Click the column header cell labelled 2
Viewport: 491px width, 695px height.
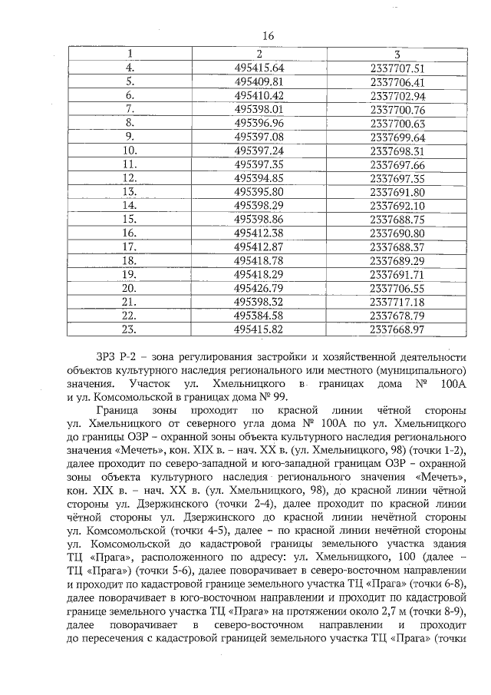tap(259, 55)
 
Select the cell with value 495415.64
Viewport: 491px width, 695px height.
tap(259, 68)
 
